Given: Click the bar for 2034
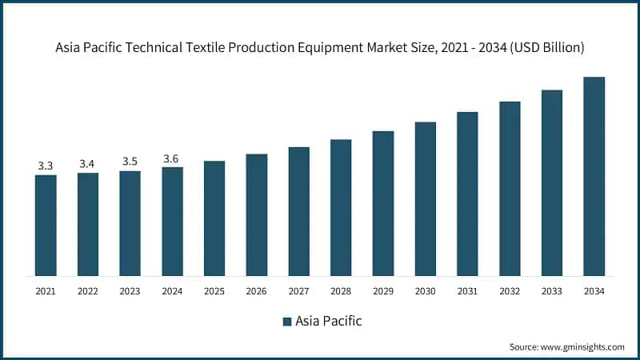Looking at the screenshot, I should [x=594, y=176].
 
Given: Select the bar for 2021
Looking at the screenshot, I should [x=46, y=225].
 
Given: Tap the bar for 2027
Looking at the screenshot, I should [x=298, y=211].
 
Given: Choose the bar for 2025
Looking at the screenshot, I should [x=214, y=218].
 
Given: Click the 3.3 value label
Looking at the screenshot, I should [x=46, y=166].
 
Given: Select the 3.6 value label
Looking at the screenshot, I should [x=172, y=158].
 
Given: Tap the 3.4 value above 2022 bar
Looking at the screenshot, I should [x=88, y=164].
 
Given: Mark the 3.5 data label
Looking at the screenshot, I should [x=130, y=162].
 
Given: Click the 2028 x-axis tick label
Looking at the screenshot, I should [x=341, y=291].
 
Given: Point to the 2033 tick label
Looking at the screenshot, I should [x=551, y=291].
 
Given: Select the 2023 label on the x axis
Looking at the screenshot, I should [x=130, y=291].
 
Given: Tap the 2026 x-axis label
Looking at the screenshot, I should [x=256, y=291].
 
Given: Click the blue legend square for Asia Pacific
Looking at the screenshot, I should [x=286, y=322].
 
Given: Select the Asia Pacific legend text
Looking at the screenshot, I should [x=329, y=322].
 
